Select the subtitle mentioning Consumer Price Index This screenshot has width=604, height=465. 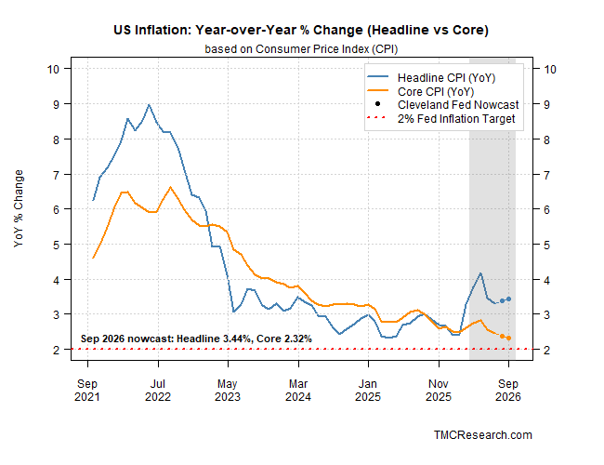[x=301, y=49]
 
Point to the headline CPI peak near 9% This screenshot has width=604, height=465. [x=149, y=104]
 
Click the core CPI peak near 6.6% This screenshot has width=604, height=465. [x=170, y=187]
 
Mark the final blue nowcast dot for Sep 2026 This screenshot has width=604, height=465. [x=508, y=299]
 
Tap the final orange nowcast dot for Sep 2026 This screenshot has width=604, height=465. [x=508, y=339]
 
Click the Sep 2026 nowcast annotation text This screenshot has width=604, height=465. [x=196, y=339]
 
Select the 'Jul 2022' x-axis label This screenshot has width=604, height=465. [x=158, y=391]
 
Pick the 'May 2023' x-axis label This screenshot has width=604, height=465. [x=228, y=391]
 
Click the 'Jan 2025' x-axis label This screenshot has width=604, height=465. [x=368, y=391]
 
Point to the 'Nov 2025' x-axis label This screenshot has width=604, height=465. [x=439, y=391]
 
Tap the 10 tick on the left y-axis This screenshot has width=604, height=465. [x=53, y=70]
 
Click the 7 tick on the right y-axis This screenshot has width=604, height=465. [x=546, y=175]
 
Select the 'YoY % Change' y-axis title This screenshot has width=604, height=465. [x=19, y=208]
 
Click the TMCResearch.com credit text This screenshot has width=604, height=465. [x=483, y=435]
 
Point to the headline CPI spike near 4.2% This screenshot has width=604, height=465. [x=480, y=273]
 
